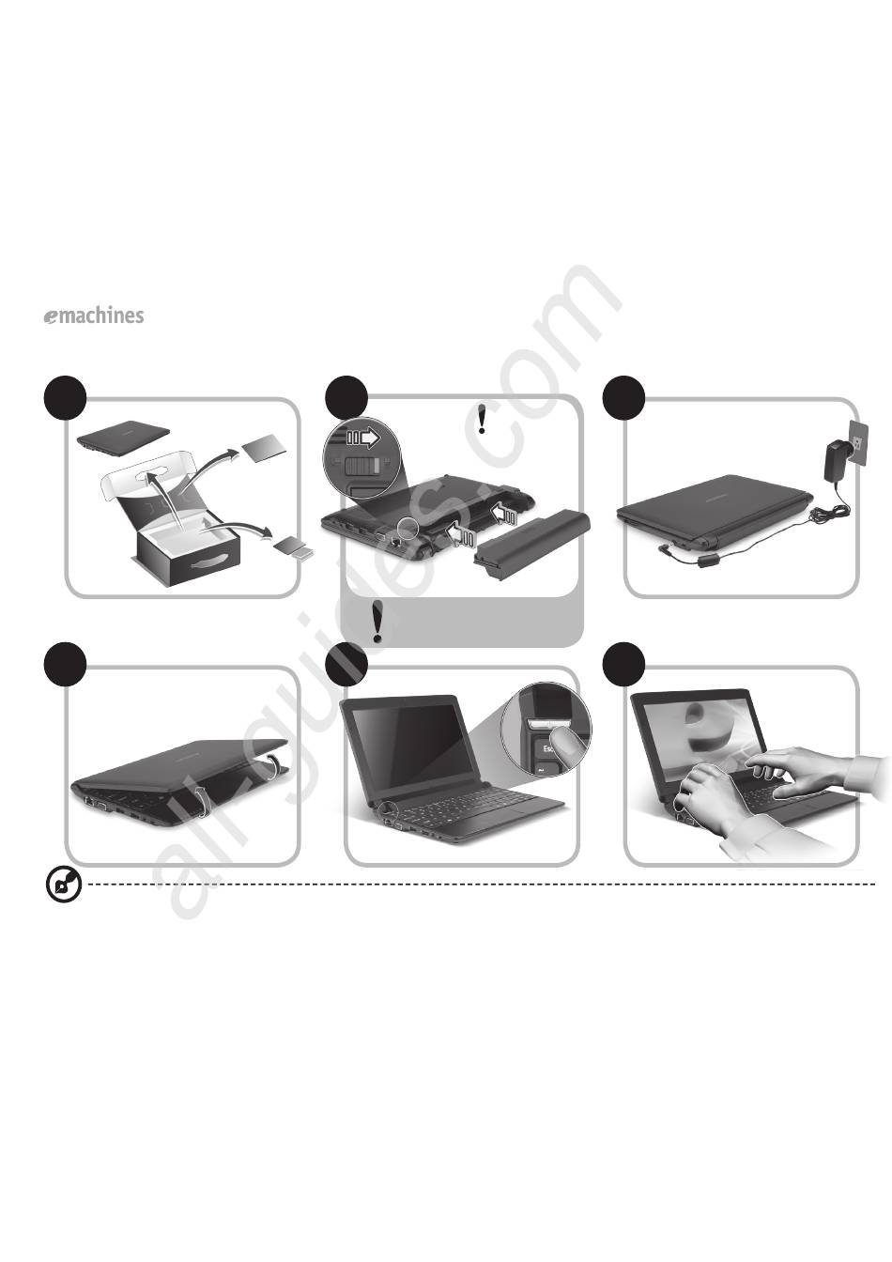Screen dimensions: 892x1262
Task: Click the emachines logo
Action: point(94,315)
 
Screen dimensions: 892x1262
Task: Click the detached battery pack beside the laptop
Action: point(532,540)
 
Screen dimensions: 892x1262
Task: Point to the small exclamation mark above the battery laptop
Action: point(482,418)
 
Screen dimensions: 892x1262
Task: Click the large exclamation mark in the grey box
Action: point(377,622)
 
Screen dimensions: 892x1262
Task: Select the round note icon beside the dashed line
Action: point(64,884)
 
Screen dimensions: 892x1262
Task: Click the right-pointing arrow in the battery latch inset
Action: point(362,438)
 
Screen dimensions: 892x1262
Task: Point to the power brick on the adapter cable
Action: point(705,562)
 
